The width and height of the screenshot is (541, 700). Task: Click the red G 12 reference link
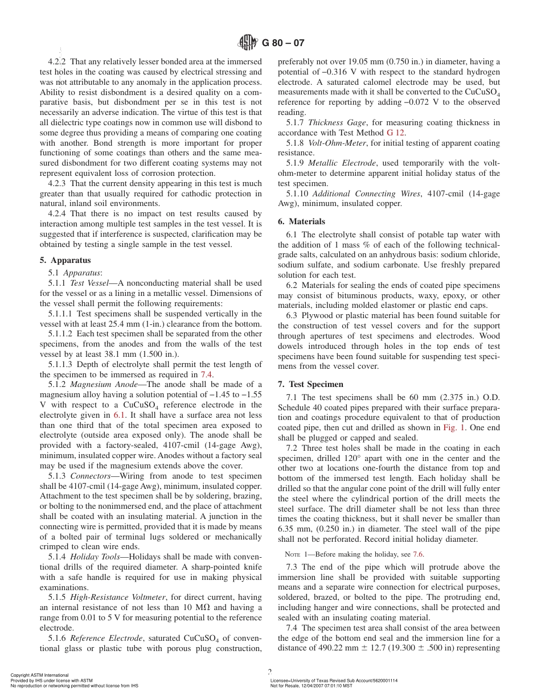(x=396, y=133)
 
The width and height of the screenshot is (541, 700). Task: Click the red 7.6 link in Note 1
(x=419, y=554)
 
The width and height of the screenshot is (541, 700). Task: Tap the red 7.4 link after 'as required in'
(x=207, y=374)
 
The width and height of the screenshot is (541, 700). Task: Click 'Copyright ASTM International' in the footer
(x=40, y=675)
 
